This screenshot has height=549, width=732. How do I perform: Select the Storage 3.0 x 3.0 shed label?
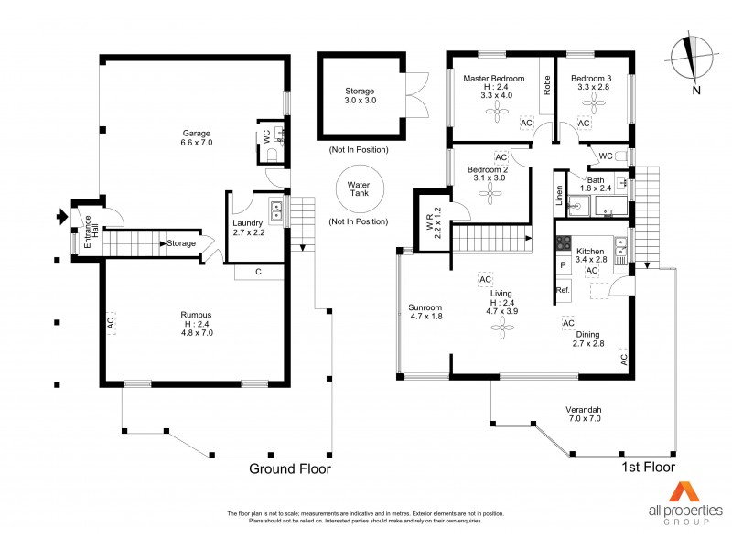[359, 96]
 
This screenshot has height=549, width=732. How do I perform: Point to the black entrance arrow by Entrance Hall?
[62, 217]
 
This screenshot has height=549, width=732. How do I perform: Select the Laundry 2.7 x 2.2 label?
[248, 227]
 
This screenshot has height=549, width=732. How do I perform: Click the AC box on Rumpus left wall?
[110, 323]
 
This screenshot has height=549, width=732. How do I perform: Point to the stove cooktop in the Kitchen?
[564, 245]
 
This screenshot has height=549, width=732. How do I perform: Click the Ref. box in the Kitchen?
[563, 290]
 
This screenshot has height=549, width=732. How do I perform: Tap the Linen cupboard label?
[558, 195]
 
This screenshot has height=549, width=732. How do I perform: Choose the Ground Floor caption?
[290, 468]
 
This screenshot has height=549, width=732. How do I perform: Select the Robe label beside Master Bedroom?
[546, 87]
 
